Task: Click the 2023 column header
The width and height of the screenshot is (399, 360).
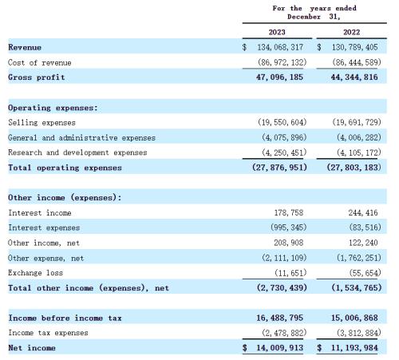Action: (277, 32)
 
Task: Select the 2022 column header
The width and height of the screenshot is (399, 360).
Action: (351, 32)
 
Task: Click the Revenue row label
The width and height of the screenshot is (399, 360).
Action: (25, 47)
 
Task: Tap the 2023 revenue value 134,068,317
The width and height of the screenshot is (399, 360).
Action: (280, 47)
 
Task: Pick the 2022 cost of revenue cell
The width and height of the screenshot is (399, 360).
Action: (357, 62)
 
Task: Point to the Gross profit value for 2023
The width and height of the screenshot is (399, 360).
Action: (279, 77)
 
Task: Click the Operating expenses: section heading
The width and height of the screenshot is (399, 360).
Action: (53, 108)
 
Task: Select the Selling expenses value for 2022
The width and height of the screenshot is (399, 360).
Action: (357, 122)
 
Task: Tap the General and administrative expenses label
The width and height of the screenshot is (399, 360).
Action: (81, 137)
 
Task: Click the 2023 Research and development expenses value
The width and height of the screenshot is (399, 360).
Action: (284, 152)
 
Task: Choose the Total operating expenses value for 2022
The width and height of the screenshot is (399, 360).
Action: (354, 168)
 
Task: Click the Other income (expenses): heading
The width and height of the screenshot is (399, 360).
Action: (65, 197)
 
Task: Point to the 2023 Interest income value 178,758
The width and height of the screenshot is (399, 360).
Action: (289, 212)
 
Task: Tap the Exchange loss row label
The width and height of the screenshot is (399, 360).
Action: (35, 273)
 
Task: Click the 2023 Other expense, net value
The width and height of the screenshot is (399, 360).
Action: (284, 258)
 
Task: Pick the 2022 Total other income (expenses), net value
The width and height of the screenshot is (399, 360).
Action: (357, 287)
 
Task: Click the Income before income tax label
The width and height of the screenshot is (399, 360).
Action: (65, 318)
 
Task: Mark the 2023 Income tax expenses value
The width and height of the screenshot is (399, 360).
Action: (284, 333)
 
